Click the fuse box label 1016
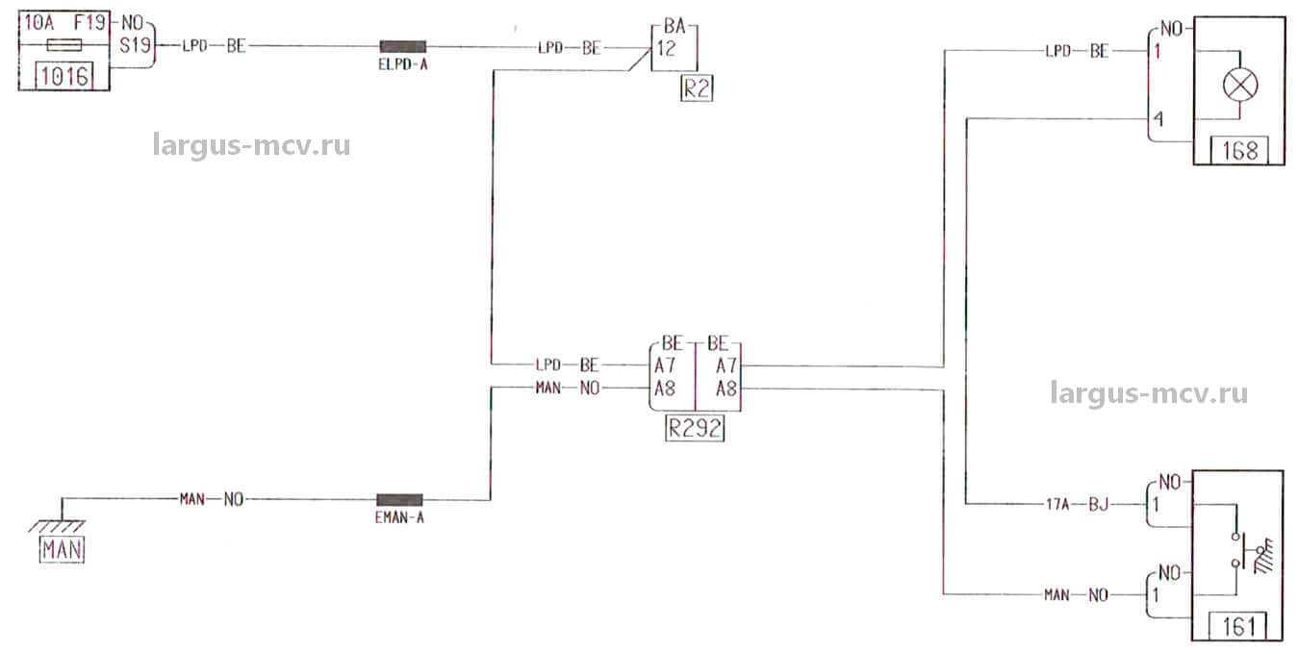tap(64, 76)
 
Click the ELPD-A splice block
tap(402, 46)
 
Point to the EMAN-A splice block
tap(399, 500)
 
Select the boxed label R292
tap(695, 429)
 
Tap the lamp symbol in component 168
tap(1239, 86)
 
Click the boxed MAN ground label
tap(62, 550)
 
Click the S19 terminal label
tap(131, 45)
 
